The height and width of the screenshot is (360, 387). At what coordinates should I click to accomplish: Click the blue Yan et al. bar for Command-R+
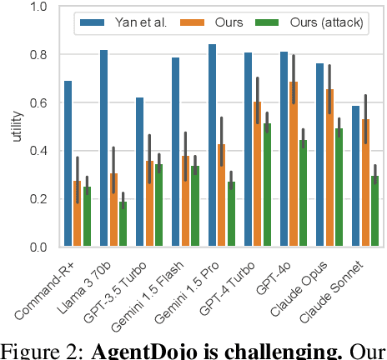click(68, 164)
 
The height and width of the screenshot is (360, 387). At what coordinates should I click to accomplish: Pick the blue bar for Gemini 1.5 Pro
click(211, 146)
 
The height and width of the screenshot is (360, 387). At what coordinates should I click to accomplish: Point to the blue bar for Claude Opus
click(319, 155)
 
